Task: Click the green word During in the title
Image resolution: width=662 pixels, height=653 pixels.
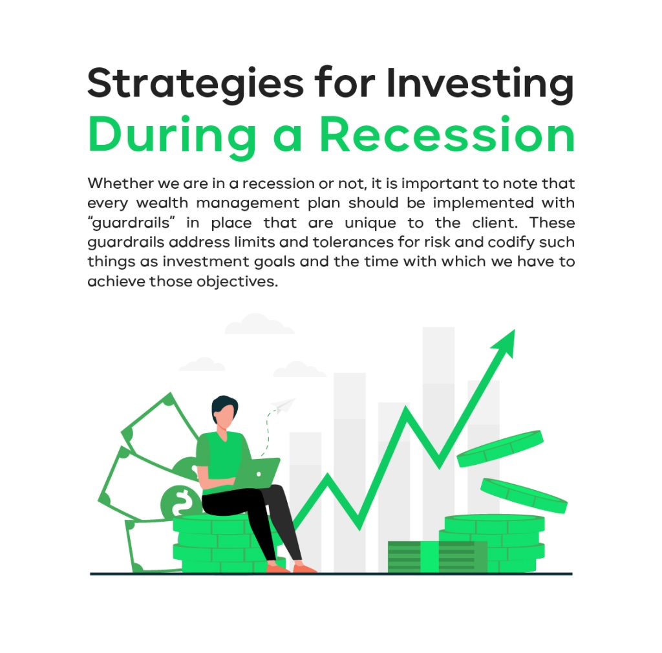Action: pos(166,135)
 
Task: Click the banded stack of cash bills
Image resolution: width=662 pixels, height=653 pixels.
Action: pos(436,557)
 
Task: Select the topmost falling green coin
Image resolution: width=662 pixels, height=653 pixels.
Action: pos(500,448)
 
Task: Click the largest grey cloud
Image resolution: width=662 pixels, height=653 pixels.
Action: pos(259,325)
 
